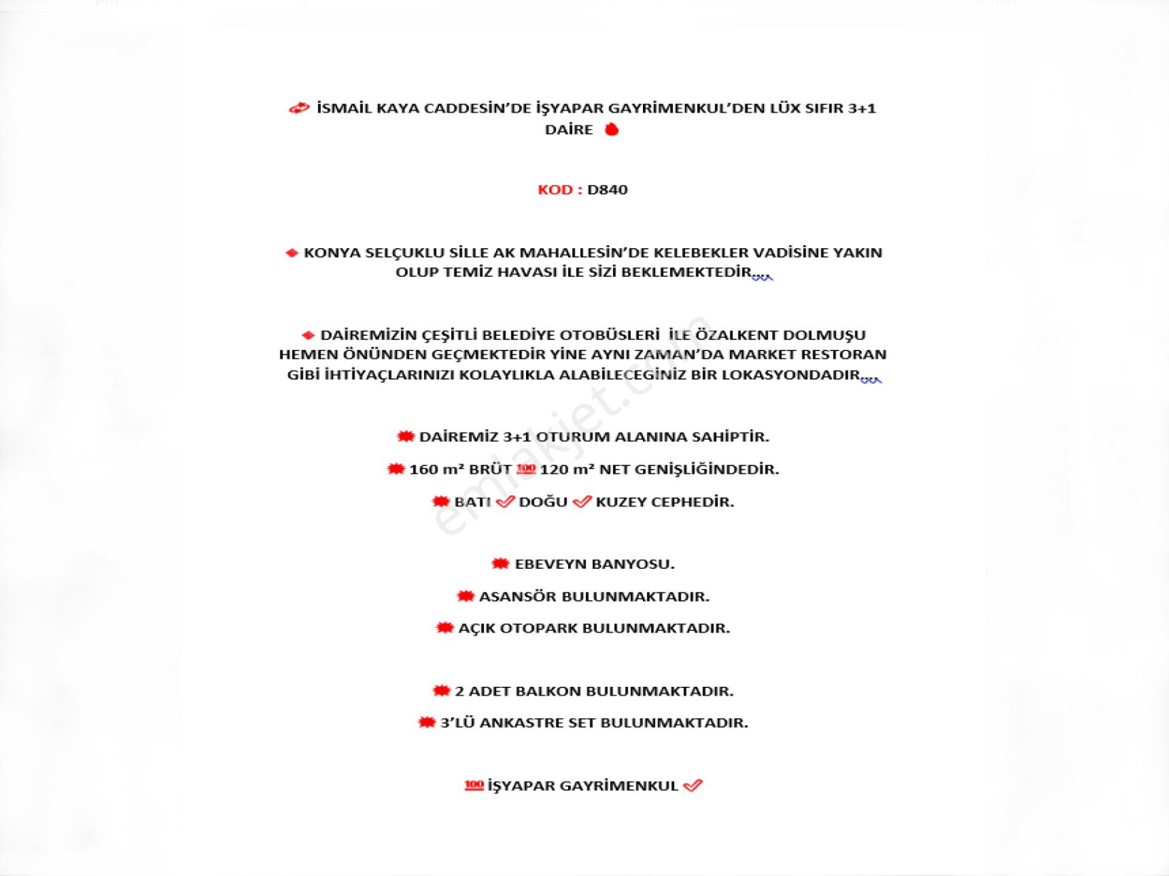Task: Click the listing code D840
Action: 607,190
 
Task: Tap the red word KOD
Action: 555,190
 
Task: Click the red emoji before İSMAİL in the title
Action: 299,109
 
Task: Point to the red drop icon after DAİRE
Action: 611,130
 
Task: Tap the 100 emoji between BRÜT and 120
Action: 525,469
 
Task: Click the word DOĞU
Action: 543,502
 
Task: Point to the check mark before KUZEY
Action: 582,502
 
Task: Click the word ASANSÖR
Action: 518,597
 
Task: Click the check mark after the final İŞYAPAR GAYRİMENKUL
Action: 693,786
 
